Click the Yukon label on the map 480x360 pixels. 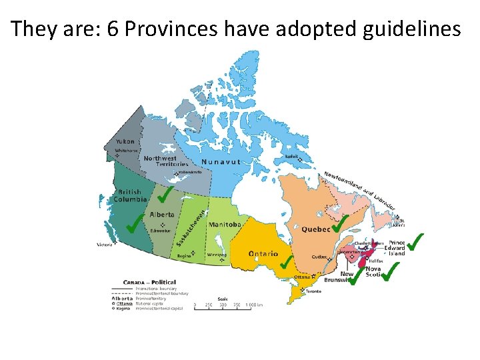point(125,141)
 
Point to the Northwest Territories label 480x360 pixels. point(161,161)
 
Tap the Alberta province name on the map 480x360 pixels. point(162,215)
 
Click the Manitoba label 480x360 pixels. point(224,225)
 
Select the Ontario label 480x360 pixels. point(263,254)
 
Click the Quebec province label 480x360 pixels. point(316,229)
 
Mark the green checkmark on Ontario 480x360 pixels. point(287,262)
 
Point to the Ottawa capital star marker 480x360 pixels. point(313,275)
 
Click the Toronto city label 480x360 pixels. point(313,291)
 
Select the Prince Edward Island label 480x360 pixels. point(397,248)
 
